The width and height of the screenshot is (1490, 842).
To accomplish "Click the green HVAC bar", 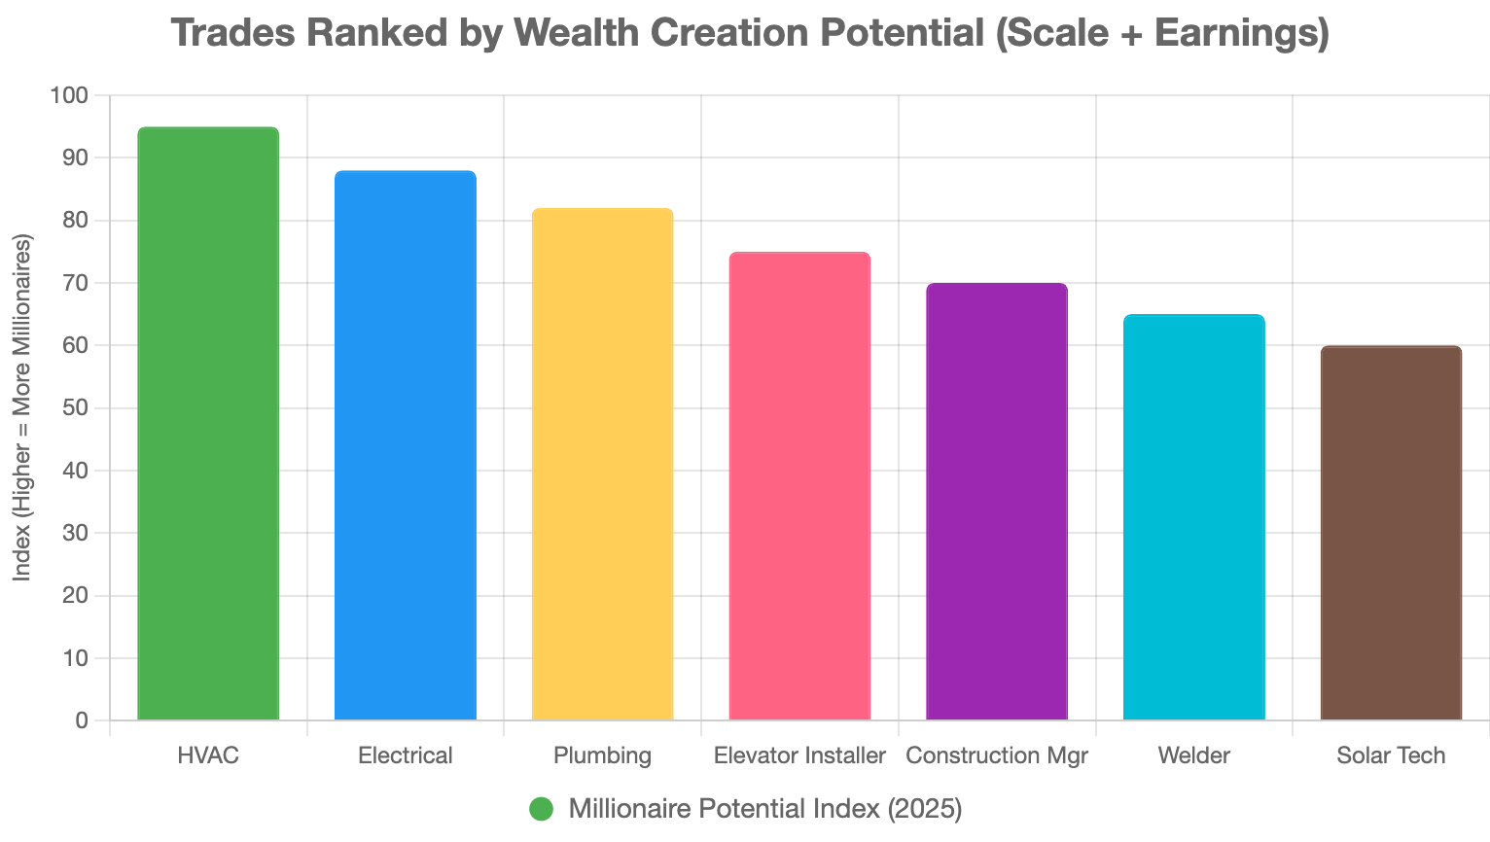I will click(x=208, y=424).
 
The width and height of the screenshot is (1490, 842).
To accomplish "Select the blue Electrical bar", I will click(x=405, y=445).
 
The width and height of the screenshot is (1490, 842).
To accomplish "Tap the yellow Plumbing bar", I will click(x=602, y=465).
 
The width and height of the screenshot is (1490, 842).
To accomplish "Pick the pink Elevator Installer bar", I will click(x=799, y=486).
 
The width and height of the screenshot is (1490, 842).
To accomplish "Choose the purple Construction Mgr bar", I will click(x=997, y=502).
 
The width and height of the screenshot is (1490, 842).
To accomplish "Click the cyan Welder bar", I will click(x=1193, y=517).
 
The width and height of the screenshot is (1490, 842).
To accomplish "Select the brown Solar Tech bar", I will click(x=1391, y=533).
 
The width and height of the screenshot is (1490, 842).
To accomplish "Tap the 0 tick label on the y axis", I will click(x=82, y=721).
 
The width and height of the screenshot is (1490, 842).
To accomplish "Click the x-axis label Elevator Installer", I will click(x=799, y=755).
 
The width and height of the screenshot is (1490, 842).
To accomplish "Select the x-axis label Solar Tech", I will click(x=1391, y=755).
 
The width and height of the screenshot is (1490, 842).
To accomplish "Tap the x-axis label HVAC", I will click(x=208, y=755).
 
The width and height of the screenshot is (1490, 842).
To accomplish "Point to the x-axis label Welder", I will click(x=1193, y=755).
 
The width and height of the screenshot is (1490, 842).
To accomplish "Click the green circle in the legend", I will click(x=542, y=809).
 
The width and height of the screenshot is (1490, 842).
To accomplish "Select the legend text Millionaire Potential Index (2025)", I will click(x=765, y=809).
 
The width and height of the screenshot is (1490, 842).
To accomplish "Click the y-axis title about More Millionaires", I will click(x=23, y=408).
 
